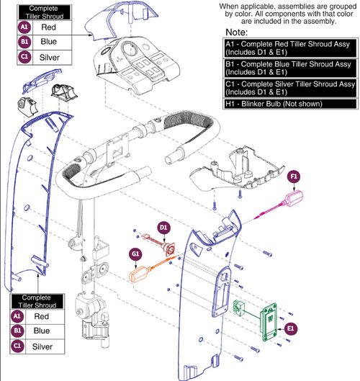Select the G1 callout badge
(x=134, y=254)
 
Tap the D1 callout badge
(x=164, y=228)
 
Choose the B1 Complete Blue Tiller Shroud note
(x=286, y=71)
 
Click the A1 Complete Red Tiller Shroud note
(x=286, y=48)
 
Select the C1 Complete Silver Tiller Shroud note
(x=286, y=92)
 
